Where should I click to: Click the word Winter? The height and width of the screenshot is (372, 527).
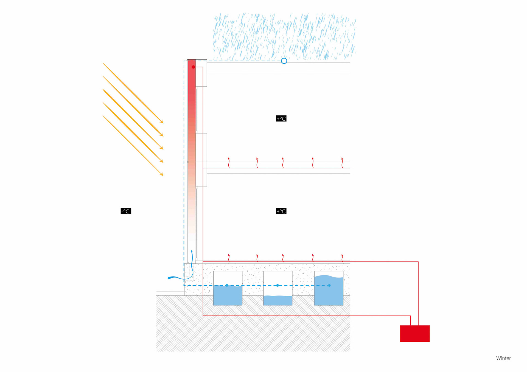(x=503, y=358)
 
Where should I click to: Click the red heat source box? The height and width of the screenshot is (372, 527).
(x=414, y=333)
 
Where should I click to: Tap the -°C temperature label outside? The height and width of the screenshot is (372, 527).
(x=126, y=211)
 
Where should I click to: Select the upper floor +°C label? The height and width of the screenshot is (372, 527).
(x=281, y=118)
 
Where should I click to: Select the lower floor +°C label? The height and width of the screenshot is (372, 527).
(x=281, y=211)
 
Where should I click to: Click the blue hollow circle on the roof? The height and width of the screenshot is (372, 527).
(x=284, y=61)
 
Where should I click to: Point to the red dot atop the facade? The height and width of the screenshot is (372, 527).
(x=193, y=67)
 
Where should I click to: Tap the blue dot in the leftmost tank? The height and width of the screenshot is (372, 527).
(x=227, y=285)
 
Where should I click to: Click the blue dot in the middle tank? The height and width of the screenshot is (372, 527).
(x=277, y=285)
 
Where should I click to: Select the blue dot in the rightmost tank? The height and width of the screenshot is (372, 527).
(x=329, y=285)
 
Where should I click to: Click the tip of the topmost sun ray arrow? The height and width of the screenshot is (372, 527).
(x=163, y=123)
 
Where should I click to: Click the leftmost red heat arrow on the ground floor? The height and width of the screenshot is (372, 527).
(x=229, y=258)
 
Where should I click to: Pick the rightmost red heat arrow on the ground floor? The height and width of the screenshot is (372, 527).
(x=342, y=258)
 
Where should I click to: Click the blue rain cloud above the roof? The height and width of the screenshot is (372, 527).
(x=284, y=36)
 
